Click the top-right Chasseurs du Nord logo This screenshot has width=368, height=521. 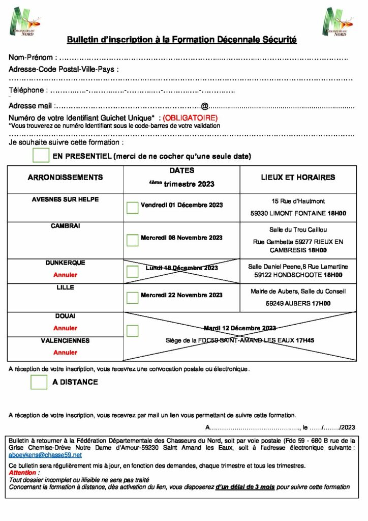coord(337,22)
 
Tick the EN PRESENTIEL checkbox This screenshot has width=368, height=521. coord(40,155)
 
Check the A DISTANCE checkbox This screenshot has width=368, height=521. coord(39,382)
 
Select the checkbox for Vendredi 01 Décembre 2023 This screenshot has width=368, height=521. coord(132,207)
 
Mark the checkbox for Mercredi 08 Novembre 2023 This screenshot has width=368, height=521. coord(132,240)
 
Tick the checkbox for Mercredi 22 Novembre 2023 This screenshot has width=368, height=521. coord(132,297)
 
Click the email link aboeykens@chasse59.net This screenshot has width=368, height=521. coord(45,455)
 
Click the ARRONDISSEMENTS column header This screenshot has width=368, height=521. coord(65,178)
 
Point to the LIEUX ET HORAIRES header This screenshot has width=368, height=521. coord(298,178)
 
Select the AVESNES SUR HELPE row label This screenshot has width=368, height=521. coord(65,199)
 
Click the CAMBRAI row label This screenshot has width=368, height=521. coord(65,225)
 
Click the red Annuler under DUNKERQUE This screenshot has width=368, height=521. coord(65,275)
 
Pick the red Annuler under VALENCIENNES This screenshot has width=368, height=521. coord(65,352)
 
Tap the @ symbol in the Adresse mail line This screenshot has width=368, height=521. coord(204,106)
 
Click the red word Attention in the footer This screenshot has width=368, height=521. coord(23,473)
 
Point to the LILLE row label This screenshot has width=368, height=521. coord(65,287)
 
